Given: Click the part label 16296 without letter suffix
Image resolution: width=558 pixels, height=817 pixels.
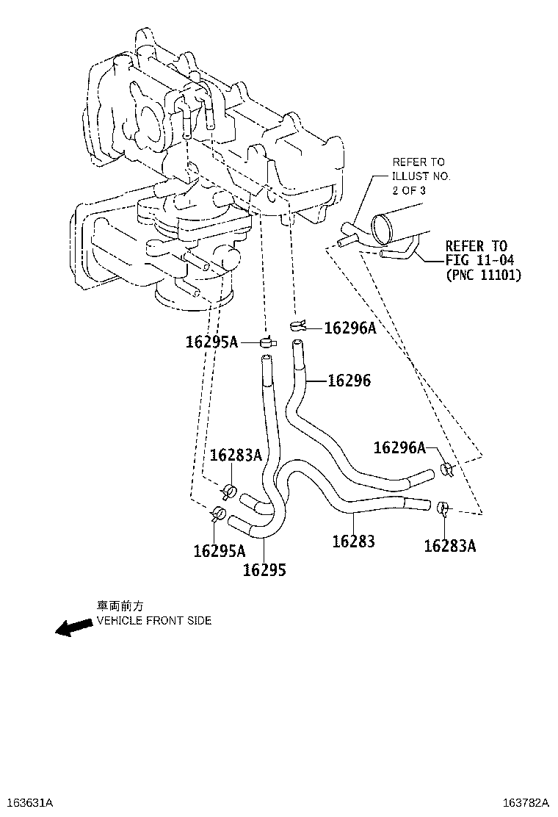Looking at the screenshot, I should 349,381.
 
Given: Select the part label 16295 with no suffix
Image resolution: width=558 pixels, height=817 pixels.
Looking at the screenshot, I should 264,570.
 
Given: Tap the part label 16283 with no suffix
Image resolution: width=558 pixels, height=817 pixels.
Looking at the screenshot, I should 354,541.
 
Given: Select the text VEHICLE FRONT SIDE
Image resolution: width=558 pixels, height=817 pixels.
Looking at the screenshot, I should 154,621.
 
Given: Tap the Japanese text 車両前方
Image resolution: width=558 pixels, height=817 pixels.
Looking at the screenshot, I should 120,605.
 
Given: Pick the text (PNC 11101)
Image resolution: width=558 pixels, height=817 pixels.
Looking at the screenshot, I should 484,276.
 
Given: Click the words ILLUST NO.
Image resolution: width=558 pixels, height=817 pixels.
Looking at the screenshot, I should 421,176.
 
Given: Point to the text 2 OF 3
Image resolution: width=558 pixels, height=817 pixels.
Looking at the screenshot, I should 410,190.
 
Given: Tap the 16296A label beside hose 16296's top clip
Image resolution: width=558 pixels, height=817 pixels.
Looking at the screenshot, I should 349,328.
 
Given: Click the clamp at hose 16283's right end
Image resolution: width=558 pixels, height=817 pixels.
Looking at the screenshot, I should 443,507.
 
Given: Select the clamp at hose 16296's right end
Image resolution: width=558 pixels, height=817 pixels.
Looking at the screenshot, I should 446,469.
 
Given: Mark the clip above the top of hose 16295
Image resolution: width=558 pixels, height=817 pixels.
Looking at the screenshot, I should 268,340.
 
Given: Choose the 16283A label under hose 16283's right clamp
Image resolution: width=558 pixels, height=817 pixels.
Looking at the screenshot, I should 449,546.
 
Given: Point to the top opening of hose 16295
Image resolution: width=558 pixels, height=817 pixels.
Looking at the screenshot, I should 265,358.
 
